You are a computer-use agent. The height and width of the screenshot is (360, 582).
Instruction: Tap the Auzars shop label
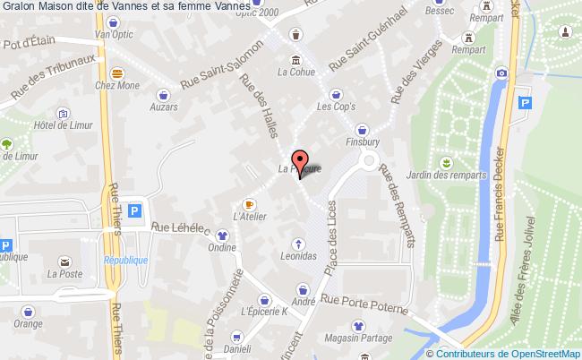(164, 106)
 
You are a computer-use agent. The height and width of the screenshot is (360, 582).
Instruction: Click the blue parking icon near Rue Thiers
(134, 211)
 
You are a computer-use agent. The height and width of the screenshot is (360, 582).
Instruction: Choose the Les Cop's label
(336, 106)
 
